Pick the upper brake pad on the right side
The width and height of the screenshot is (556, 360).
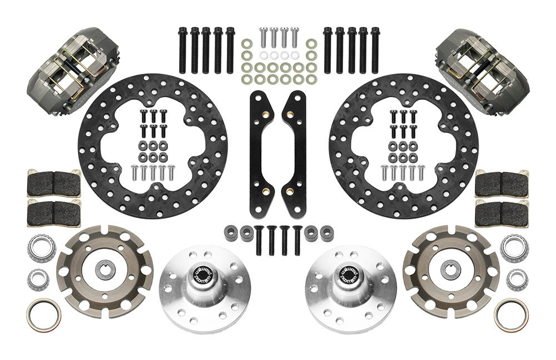pos(502,183)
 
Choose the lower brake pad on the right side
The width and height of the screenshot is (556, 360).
pos(502,210)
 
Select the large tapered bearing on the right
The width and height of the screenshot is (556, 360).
pos(514,248)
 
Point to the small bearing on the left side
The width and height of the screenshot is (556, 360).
pos(38,278)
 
